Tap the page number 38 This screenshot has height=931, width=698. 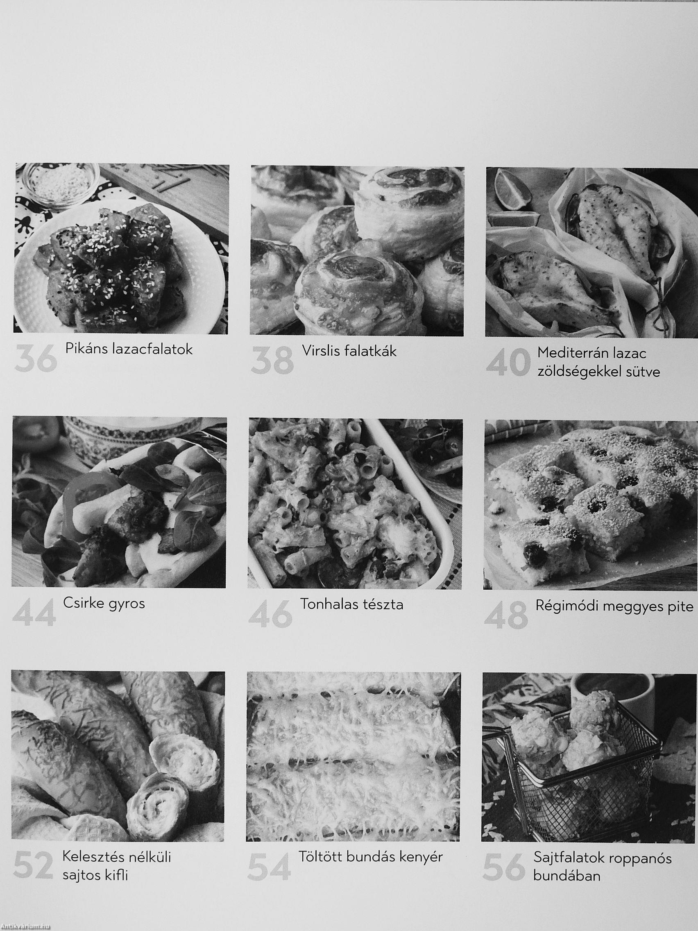click(272, 360)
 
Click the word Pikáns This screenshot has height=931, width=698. click(87, 349)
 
